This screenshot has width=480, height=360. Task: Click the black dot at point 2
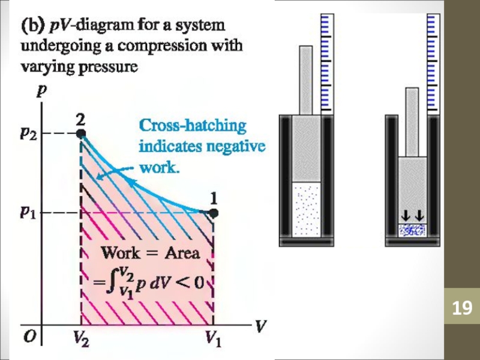coord(81,134)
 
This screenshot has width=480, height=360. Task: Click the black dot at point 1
coord(214,212)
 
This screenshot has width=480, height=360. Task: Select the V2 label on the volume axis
coord(80,341)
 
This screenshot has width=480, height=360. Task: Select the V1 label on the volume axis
coord(214,341)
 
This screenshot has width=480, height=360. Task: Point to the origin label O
coord(29,337)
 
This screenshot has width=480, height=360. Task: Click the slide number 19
coord(462,308)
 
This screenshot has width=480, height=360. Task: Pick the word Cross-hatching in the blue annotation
coord(193,127)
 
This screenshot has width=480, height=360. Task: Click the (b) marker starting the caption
coord(33,26)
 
